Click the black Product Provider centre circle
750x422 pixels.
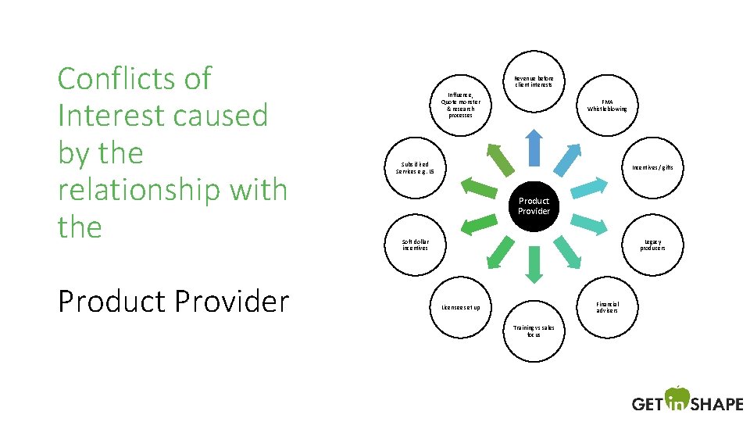point(534,206)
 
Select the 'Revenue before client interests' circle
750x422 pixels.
point(534,81)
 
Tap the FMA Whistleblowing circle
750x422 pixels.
point(607,105)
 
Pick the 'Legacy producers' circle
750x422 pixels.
point(652,245)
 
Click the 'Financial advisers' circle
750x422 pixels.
point(607,307)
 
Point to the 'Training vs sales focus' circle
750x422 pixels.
point(534,331)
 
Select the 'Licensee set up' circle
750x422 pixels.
point(461,307)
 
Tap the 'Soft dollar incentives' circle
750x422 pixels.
point(416,245)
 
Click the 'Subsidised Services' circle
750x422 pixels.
point(416,167)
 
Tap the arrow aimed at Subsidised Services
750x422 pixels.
point(478,186)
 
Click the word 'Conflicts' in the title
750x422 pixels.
point(123,79)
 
